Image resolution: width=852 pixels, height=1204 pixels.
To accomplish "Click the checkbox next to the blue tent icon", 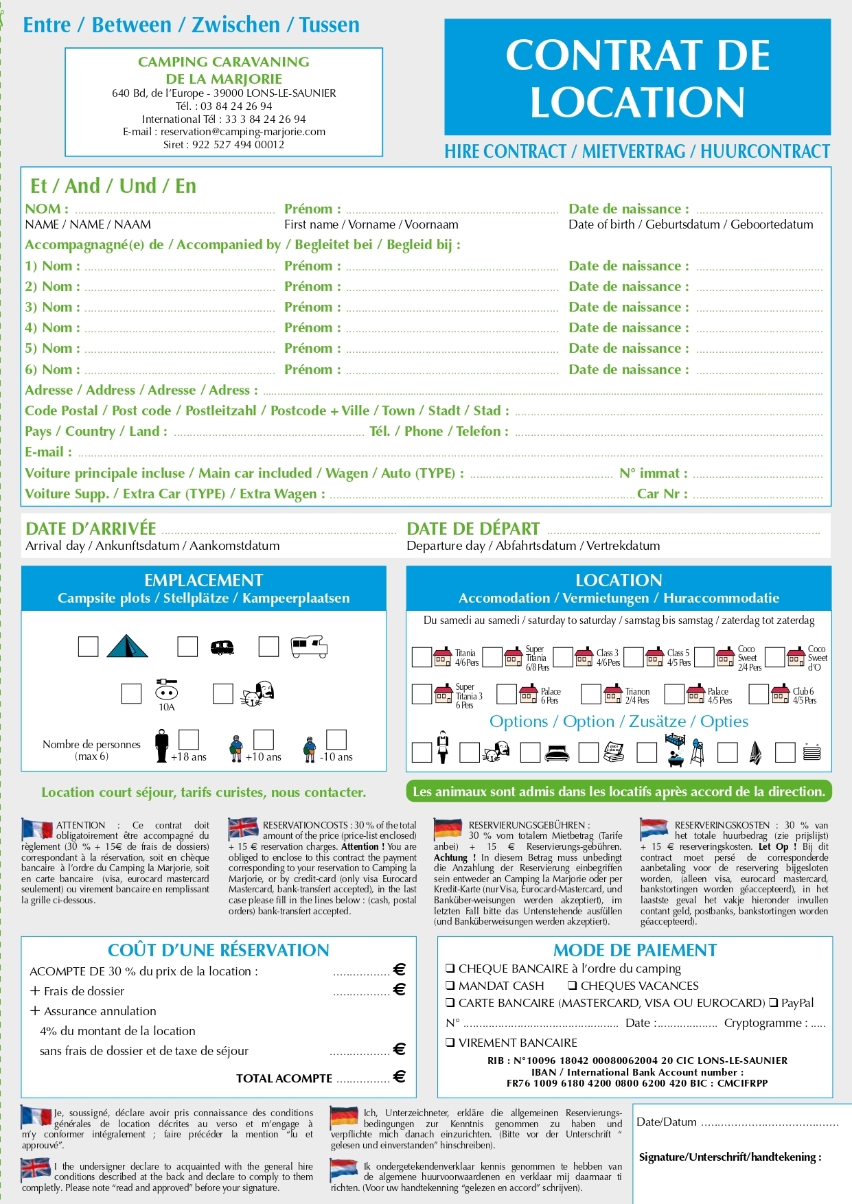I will click(88, 647).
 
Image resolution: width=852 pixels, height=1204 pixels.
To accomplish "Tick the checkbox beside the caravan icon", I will click(187, 647).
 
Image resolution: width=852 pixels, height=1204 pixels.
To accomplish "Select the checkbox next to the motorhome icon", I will click(268, 647).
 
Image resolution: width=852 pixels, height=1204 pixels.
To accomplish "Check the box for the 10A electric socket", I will click(131, 693).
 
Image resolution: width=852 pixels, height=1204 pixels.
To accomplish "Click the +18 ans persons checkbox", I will click(189, 739).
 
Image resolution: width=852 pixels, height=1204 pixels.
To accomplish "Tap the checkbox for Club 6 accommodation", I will click(759, 694).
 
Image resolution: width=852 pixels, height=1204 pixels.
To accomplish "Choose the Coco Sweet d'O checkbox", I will click(774, 657).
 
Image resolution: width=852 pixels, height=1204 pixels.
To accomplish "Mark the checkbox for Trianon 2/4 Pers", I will click(590, 694).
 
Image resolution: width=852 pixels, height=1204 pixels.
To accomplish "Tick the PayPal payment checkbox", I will click(774, 1003).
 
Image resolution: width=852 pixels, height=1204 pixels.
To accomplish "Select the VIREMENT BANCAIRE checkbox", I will click(450, 1043).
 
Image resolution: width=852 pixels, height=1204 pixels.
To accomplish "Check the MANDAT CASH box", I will click(450, 986).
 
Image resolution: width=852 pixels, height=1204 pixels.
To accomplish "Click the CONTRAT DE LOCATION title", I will click(637, 78).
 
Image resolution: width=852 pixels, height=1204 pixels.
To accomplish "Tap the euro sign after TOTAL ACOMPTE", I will click(399, 1076).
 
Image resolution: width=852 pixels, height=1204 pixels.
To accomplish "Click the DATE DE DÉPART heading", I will click(473, 529).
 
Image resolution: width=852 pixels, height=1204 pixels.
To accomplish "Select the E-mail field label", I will click(48, 452).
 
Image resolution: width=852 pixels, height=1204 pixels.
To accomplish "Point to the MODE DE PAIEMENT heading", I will click(635, 951).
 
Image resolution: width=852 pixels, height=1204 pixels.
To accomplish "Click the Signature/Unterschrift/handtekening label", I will click(730, 1157).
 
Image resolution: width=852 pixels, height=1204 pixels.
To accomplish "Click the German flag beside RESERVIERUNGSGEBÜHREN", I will click(448, 829).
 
